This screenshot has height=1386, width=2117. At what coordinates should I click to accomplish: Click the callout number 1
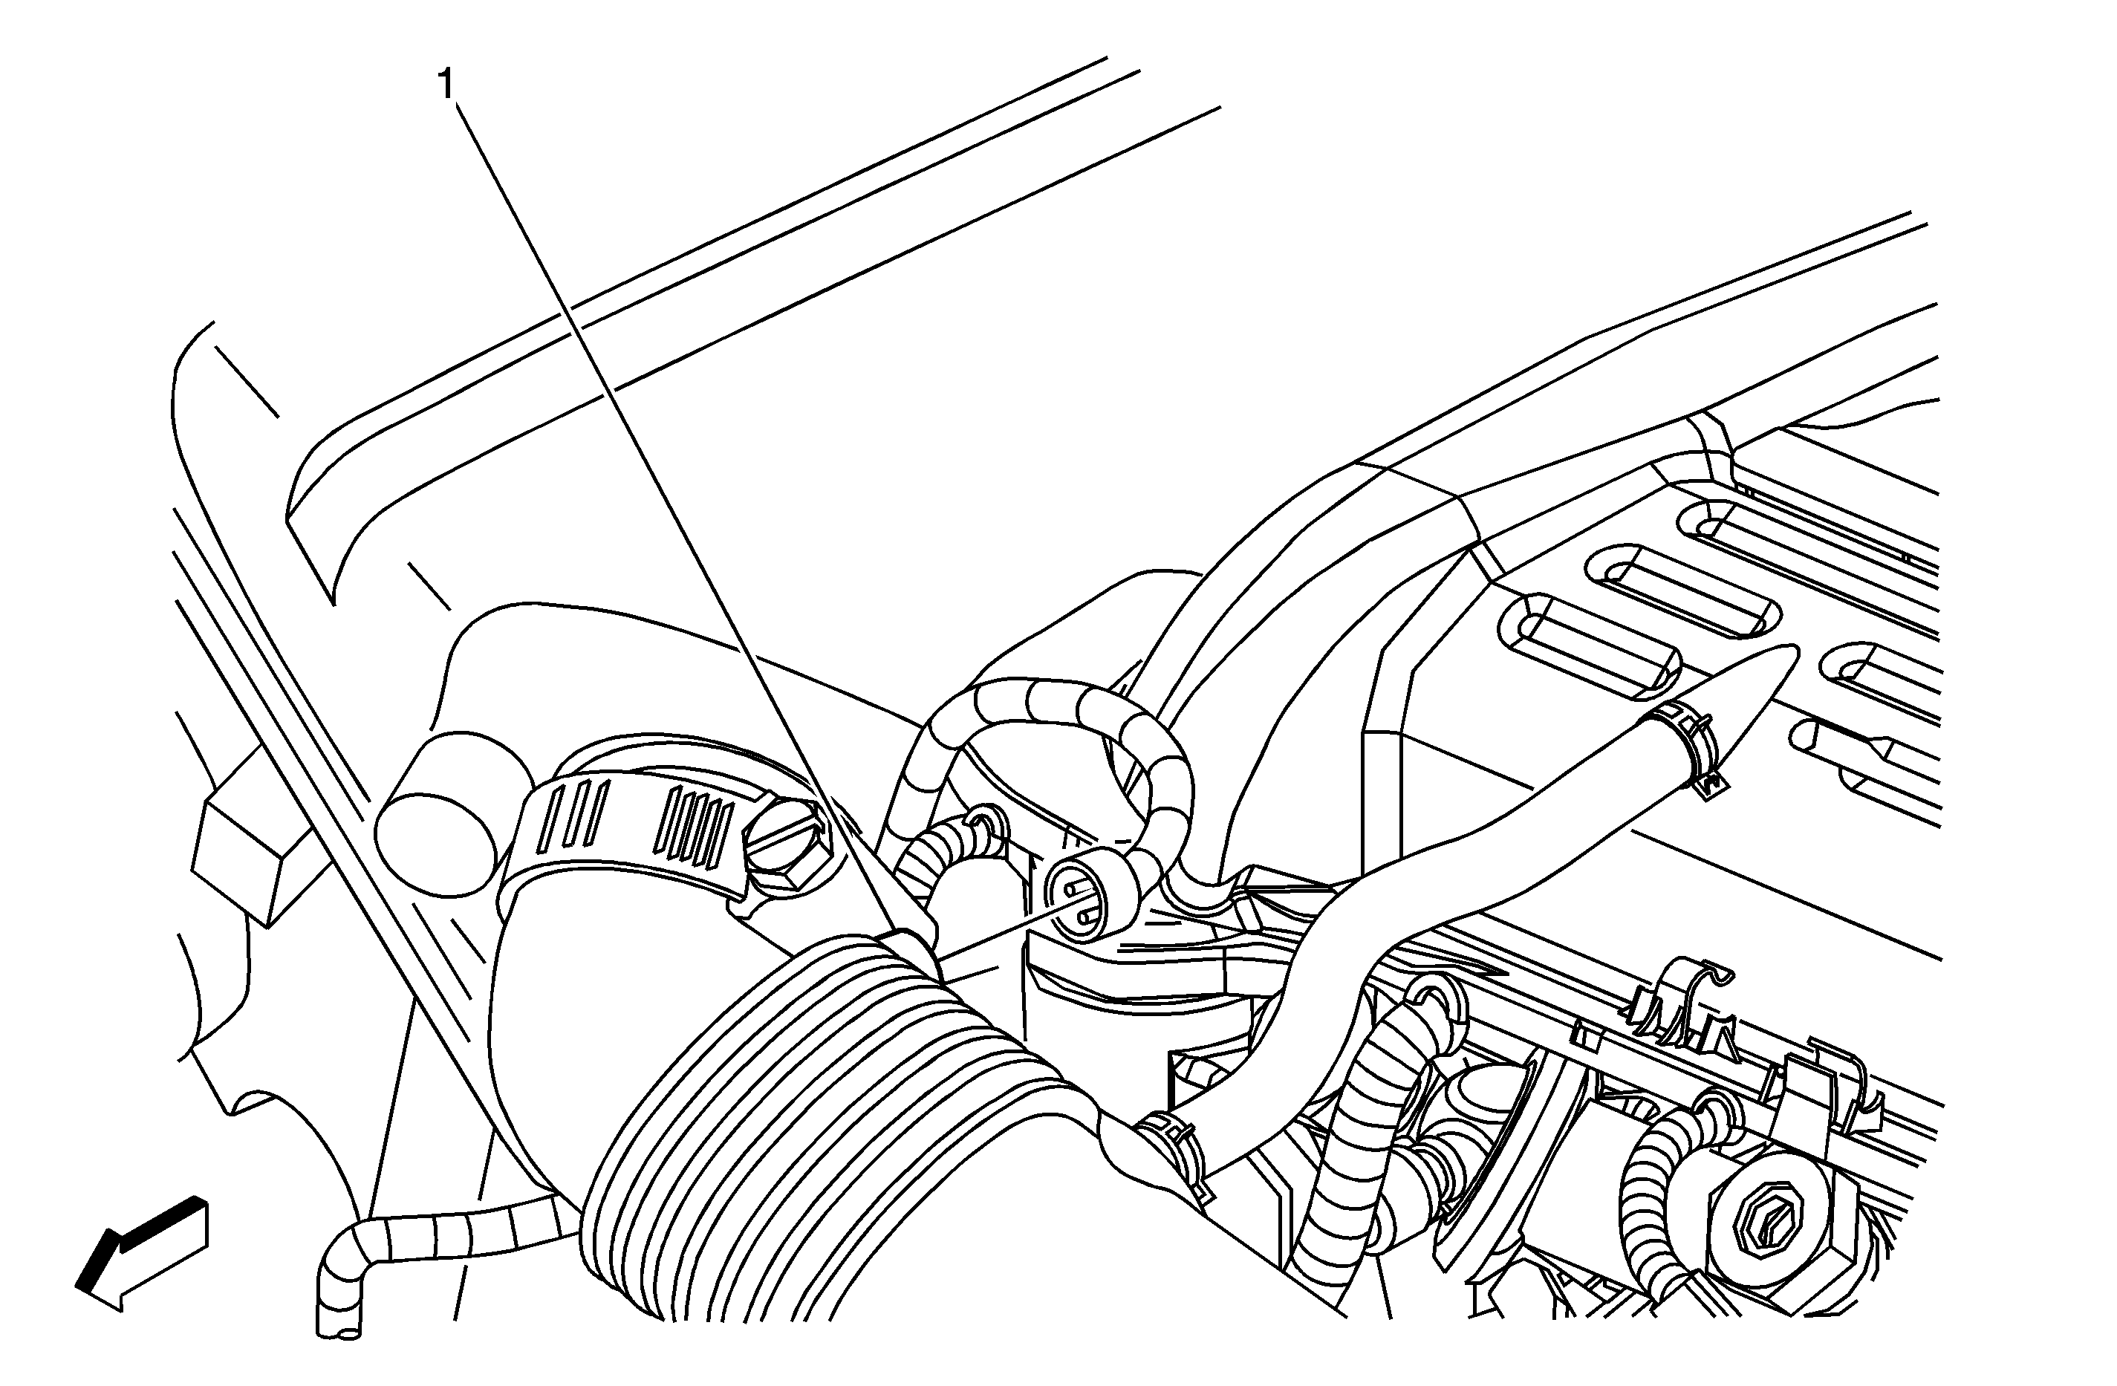pyautogui.click(x=446, y=86)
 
